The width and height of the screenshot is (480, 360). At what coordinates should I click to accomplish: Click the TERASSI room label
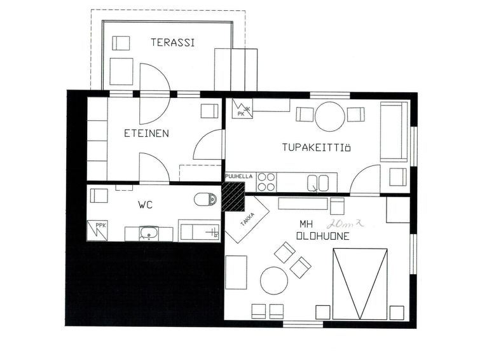(173, 42)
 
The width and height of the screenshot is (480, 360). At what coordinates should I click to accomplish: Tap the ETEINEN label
(146, 134)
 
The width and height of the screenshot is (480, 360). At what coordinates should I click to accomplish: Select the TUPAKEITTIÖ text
(316, 148)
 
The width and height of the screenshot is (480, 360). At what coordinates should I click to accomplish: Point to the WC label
(146, 205)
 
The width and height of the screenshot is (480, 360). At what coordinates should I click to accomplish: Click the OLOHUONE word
(323, 236)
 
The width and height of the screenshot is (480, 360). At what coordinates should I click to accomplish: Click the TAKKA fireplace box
(247, 219)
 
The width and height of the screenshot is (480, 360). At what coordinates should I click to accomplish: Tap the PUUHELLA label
(239, 176)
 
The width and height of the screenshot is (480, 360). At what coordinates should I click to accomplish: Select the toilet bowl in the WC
(205, 200)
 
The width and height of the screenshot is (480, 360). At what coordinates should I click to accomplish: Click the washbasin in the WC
(149, 234)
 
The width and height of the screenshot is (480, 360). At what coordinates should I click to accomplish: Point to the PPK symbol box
(97, 230)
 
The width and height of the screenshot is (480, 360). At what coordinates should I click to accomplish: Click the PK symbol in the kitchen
(242, 109)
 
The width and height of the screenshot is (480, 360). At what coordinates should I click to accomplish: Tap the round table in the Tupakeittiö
(330, 116)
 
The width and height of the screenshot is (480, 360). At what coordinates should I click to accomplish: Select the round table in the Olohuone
(274, 280)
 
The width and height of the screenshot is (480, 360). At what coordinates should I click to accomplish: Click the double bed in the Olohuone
(360, 284)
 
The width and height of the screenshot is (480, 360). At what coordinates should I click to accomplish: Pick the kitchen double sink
(318, 183)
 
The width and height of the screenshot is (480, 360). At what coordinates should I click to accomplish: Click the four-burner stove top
(266, 182)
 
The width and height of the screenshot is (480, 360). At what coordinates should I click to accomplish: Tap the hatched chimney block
(233, 197)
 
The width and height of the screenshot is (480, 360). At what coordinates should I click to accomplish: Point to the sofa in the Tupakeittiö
(394, 132)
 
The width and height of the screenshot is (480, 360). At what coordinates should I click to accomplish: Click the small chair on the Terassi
(121, 43)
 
